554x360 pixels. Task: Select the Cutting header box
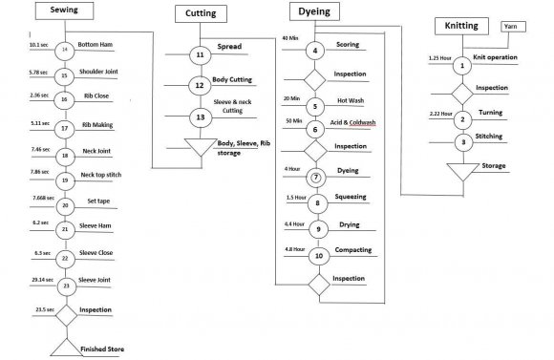tap(200, 14)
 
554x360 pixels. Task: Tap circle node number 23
tap(65, 285)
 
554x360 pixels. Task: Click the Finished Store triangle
tap(65, 347)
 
